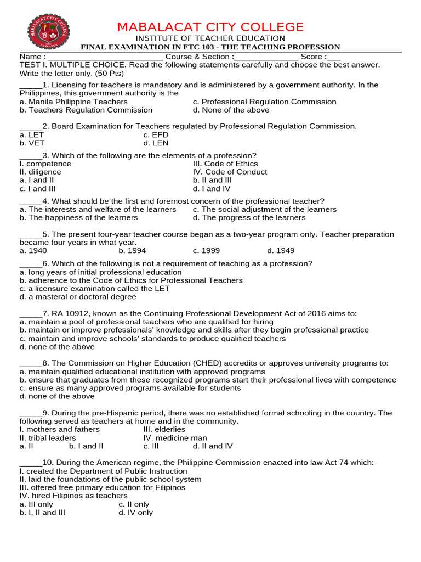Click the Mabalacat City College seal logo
point(48,31)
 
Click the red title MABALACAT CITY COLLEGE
point(210,27)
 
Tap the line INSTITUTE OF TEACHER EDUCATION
point(210,38)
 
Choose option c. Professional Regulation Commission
point(264,102)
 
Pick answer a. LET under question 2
point(32,135)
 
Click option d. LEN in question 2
point(156,143)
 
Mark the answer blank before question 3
point(31,156)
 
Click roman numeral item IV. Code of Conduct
point(230,172)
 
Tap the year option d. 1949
point(281,251)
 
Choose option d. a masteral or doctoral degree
point(78,297)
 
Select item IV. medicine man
point(175,438)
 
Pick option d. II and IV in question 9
point(213,446)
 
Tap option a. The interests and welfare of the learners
point(98,209)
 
